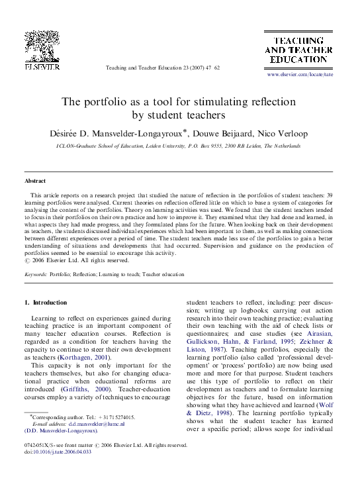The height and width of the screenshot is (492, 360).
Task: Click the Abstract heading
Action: click(35, 181)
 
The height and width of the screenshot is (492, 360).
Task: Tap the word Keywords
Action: click(35, 273)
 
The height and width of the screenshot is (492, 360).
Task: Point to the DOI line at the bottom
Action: click(58, 452)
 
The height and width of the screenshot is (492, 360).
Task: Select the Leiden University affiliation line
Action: click(179, 146)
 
